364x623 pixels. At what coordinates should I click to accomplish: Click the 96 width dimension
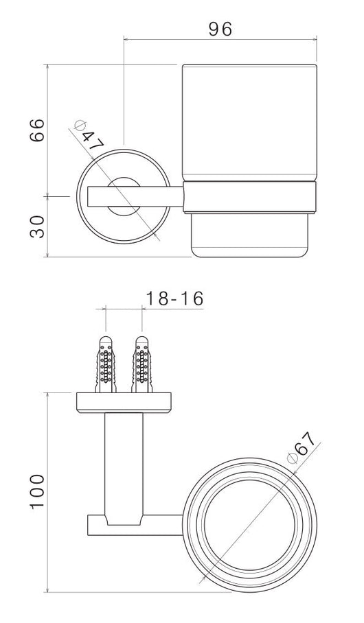(x=220, y=28)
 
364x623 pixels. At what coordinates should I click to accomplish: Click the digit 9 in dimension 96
(x=212, y=28)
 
